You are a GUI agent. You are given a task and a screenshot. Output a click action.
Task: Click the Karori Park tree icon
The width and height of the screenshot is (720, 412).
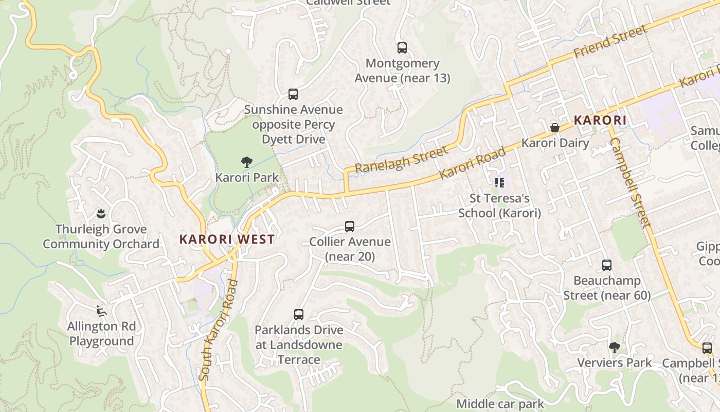click(247, 162)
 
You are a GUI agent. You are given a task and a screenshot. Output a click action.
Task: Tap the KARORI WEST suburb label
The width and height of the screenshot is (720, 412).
click(227, 239)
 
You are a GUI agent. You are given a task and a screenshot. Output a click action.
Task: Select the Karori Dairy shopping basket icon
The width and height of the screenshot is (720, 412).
click(554, 128)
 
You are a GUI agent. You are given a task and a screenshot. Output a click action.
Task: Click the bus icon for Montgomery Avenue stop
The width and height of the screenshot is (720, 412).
click(402, 48)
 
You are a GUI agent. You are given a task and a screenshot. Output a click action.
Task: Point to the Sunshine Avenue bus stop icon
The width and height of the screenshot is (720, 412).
click(293, 94)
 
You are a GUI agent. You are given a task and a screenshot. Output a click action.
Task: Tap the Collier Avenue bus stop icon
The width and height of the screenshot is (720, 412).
click(350, 227)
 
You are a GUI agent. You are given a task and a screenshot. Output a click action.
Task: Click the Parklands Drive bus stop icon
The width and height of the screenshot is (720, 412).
click(299, 315)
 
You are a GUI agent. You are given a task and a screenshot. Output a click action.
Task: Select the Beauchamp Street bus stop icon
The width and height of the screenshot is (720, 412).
click(607, 266)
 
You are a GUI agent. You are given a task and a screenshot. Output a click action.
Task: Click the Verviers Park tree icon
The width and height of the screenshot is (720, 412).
click(614, 348)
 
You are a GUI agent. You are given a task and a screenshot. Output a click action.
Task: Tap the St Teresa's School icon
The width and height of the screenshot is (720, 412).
click(499, 183)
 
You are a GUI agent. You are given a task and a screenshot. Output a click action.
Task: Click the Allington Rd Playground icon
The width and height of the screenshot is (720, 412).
click(101, 311)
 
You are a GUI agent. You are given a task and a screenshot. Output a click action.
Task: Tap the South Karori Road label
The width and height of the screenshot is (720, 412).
click(219, 330)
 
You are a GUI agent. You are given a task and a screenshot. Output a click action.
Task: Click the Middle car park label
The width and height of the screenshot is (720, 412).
click(500, 404)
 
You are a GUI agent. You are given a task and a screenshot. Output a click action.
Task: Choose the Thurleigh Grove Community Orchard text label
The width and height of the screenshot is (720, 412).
click(101, 236)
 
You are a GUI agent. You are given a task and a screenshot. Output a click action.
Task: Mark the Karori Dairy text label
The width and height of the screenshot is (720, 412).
click(555, 143)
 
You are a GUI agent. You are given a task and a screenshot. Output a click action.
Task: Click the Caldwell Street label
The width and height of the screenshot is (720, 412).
click(348, 3)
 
